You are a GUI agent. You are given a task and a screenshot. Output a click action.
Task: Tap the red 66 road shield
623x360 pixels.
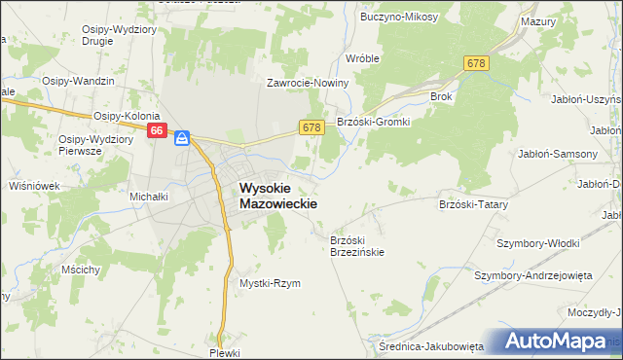(x=158, y=131)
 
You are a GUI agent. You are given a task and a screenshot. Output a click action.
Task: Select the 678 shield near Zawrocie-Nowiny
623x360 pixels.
(x=311, y=127)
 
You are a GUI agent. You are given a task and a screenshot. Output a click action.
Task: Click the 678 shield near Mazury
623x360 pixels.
(x=476, y=63)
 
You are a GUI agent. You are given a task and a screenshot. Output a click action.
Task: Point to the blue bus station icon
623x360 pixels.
(x=181, y=139)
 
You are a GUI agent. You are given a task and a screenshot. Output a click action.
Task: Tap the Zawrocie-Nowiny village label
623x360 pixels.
(x=309, y=84)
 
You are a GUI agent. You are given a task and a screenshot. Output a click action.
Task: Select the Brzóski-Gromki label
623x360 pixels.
(x=375, y=122)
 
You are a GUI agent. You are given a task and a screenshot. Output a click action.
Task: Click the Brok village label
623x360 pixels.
(x=441, y=97)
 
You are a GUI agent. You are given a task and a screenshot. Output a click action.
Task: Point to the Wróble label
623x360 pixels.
(x=362, y=58)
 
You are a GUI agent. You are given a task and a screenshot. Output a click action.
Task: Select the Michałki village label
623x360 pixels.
(x=150, y=196)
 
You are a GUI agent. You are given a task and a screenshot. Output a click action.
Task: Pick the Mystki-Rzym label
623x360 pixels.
(x=270, y=283)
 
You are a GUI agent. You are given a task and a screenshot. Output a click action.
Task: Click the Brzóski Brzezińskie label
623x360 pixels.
(x=357, y=246)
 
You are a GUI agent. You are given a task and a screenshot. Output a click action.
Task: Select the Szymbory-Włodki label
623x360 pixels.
(x=538, y=242)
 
